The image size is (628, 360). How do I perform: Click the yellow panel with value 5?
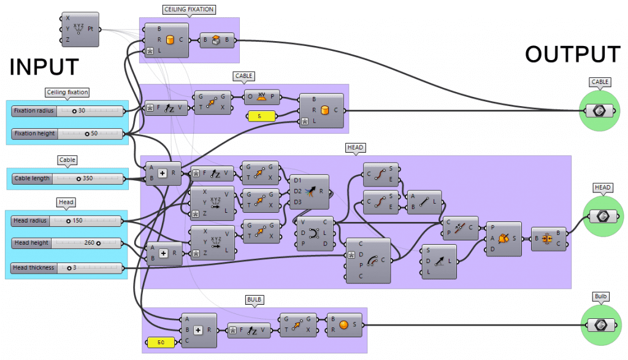pos(261,115)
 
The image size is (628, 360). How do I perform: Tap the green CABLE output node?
pos(599,111)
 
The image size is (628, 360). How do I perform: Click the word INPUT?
pos(44,67)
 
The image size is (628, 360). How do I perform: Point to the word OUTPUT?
pos(573,55)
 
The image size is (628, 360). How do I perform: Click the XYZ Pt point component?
pos(79,29)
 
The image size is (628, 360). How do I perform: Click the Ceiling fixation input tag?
pos(67,92)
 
